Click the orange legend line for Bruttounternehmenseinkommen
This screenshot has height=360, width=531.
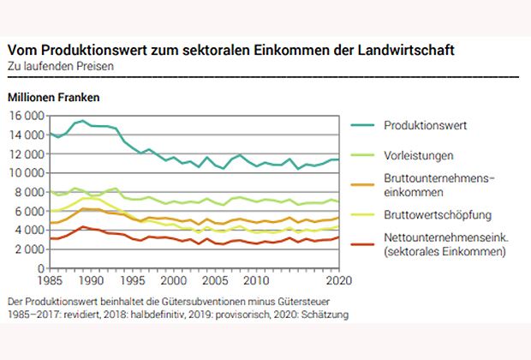coord(366,185)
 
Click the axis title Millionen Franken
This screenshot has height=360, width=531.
coord(53,97)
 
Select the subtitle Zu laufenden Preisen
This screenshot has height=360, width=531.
coord(60,65)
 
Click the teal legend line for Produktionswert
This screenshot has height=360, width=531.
coord(366,125)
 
